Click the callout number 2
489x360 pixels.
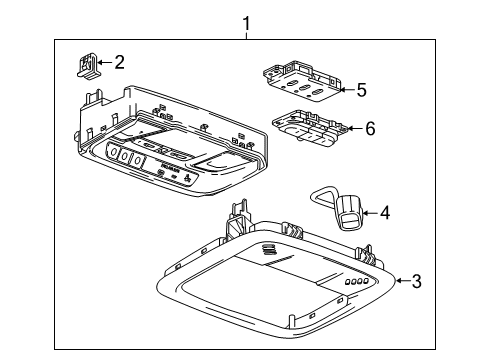click(119, 63)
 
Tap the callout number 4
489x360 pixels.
click(383, 211)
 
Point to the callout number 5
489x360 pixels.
click(361, 89)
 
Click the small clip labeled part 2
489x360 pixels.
click(87, 65)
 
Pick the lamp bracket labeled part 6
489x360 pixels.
click(310, 127)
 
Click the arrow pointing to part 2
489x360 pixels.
click(106, 64)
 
